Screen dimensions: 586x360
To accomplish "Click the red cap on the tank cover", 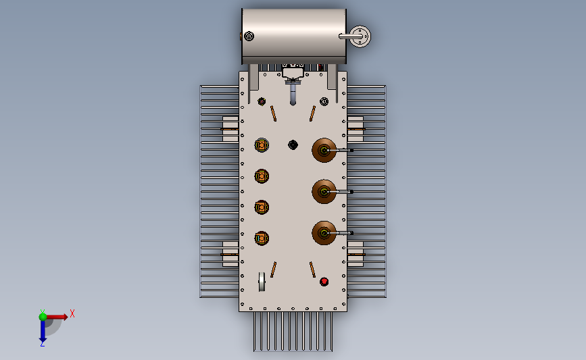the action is coord(324,282).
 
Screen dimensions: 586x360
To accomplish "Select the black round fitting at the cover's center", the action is coord(293,145).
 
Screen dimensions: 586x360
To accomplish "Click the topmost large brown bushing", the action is coord(324,150).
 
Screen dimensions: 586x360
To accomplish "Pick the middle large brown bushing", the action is coord(324,192).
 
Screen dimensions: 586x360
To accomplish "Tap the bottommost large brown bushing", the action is coord(324,233).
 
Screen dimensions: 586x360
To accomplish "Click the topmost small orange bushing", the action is coord(262,145).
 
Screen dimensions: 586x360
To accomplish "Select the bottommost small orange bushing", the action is coord(262,238).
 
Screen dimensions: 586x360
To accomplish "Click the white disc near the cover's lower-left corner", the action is coord(262,282).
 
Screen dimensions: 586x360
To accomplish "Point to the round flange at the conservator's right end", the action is coord(360,36).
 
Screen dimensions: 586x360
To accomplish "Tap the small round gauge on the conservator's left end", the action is coord(249,36).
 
